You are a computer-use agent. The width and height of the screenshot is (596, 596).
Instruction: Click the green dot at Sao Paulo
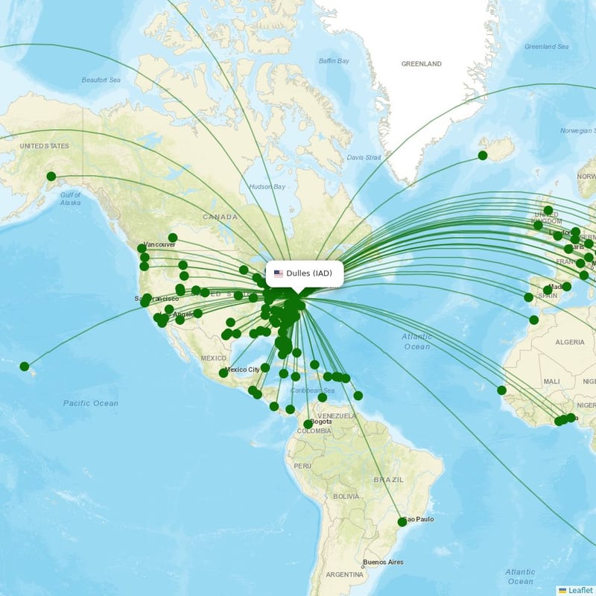pos(402,522)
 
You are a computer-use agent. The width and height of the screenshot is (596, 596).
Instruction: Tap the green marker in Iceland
pos(483,156)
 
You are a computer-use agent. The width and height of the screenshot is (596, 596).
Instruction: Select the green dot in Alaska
pos(51,177)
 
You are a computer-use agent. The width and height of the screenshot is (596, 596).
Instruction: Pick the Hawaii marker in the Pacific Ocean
pos(25,367)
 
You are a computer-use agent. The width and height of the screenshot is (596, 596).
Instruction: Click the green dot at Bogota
pos(308,425)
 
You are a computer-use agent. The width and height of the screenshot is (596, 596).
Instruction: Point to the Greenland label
pos(422,64)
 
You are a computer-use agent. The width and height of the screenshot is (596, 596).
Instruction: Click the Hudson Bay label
pos(267,186)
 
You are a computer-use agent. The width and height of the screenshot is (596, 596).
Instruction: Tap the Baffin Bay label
pos(333,60)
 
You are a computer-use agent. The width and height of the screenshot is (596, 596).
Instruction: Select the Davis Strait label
pos(364,157)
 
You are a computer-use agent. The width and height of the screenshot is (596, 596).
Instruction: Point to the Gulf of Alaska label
pos(70,198)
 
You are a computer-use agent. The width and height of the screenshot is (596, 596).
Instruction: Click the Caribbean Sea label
pos(314,390)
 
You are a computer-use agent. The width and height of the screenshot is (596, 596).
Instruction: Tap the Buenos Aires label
pos(383,562)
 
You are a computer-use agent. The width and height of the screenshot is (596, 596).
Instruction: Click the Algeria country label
pos(570,342)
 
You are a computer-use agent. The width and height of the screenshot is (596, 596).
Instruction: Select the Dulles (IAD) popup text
pos(309,273)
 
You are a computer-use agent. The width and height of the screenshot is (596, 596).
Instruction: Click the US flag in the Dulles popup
pos(279,273)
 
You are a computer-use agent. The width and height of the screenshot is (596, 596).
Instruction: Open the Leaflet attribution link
pos(580,590)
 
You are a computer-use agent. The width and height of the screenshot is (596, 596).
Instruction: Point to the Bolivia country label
pos(346,496)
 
